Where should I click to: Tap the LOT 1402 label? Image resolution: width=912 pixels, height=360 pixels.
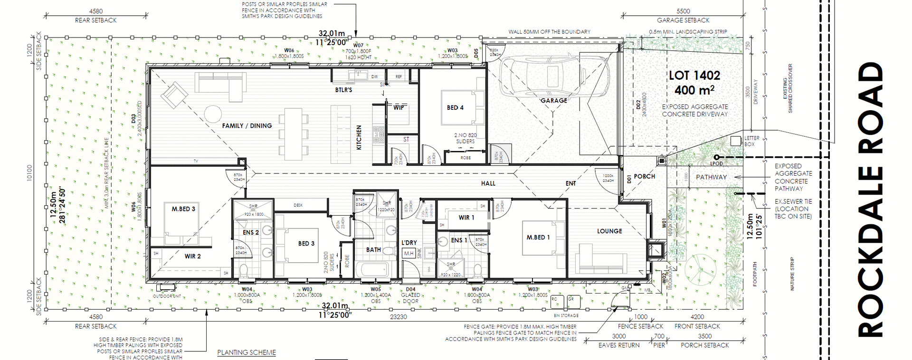click(694, 76)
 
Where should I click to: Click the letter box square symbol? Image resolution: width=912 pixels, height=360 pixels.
click(735, 141)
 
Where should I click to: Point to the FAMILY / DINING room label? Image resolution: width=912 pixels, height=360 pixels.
click(247, 126)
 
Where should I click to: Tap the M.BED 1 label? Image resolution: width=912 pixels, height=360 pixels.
click(538, 237)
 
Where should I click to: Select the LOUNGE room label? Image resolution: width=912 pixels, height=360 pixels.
click(609, 231)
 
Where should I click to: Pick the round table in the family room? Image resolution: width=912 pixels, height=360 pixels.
click(213, 114)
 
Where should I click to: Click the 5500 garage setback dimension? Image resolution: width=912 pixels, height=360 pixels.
click(683, 11)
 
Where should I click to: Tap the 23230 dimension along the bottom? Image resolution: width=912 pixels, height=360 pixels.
click(398, 317)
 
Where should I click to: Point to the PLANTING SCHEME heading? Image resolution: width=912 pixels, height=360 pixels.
click(247, 352)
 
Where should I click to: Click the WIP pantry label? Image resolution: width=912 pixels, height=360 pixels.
click(399, 108)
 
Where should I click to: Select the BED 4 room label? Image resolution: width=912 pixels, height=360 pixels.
click(455, 108)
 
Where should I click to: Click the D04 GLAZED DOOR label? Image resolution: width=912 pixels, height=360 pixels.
click(410, 295)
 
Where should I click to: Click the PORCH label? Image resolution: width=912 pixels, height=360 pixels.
click(644, 176)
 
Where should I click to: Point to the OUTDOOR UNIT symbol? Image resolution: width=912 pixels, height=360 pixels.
click(166, 287)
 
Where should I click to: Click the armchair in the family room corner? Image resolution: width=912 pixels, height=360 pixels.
click(174, 95)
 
